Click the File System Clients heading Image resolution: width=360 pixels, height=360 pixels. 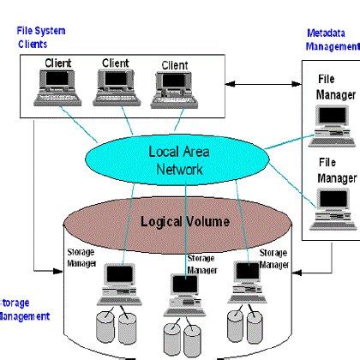41,37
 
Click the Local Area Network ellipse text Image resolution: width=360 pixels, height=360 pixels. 175,161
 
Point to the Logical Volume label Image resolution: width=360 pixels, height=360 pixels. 185,222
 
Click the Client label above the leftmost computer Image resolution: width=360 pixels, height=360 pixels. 58,63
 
